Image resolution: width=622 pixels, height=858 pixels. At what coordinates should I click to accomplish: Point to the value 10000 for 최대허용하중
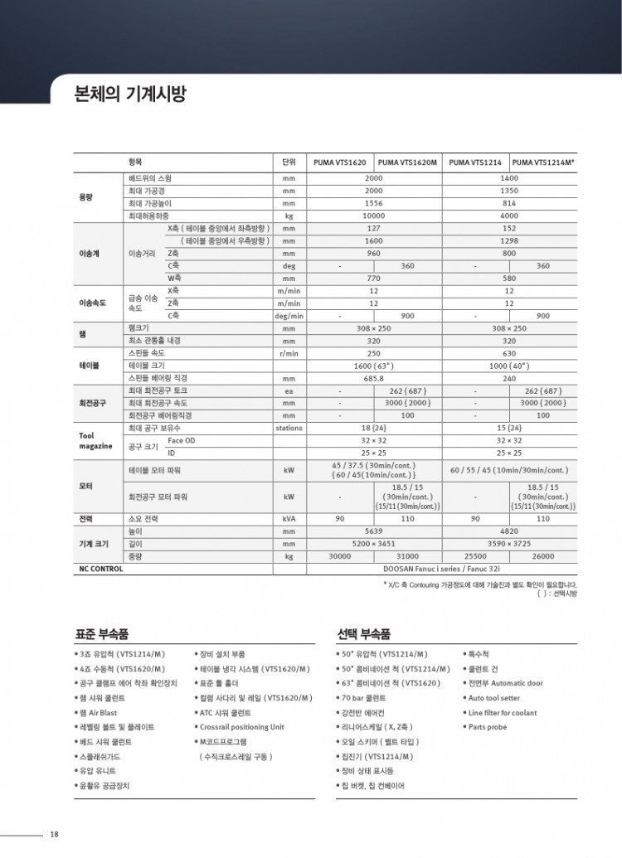coord(374,216)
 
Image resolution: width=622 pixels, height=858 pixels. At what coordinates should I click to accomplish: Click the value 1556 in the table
coord(374,203)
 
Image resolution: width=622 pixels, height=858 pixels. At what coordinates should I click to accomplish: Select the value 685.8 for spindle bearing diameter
coord(374,377)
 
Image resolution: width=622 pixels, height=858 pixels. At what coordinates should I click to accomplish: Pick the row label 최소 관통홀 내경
coord(155,340)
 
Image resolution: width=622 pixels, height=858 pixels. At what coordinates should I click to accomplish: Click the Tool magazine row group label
coord(95,440)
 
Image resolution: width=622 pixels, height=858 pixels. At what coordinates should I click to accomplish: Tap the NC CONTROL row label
coord(100,570)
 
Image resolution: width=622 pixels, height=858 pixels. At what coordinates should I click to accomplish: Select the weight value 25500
coord(475,556)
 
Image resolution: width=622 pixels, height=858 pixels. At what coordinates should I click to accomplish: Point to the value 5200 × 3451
coord(374,543)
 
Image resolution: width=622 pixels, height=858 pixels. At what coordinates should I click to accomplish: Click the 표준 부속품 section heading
coord(102,634)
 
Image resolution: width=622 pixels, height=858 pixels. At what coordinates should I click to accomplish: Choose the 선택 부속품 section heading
coord(363,634)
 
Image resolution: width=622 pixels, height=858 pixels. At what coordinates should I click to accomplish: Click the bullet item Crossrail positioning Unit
coord(241,726)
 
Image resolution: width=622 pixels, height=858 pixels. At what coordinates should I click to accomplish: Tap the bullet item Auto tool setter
coord(494,698)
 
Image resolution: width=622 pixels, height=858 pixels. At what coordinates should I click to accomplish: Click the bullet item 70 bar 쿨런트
coord(364,698)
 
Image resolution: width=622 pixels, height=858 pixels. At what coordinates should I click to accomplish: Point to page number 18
coord(54,834)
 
